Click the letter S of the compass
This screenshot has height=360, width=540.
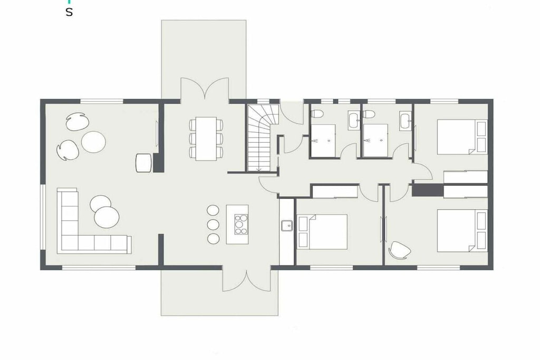(x=69, y=13)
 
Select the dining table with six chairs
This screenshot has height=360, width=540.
(x=206, y=138)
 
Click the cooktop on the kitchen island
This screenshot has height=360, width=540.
(x=241, y=224)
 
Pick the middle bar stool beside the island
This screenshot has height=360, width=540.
(x=213, y=224)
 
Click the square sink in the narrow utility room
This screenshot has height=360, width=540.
(x=286, y=226)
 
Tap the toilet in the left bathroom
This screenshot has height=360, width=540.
(x=316, y=113)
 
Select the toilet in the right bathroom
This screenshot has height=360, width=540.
(x=369, y=113)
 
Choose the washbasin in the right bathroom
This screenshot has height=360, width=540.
(x=406, y=121)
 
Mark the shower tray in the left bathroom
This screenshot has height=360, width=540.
(x=323, y=140)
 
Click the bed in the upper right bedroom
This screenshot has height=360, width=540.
(x=462, y=137)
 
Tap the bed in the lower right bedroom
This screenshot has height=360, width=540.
(x=462, y=230)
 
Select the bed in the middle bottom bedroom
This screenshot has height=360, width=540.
(x=322, y=231)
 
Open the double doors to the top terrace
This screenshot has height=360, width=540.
(x=205, y=89)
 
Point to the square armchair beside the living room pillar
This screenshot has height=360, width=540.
(x=144, y=162)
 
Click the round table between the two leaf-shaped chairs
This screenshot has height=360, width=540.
(x=93, y=142)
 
